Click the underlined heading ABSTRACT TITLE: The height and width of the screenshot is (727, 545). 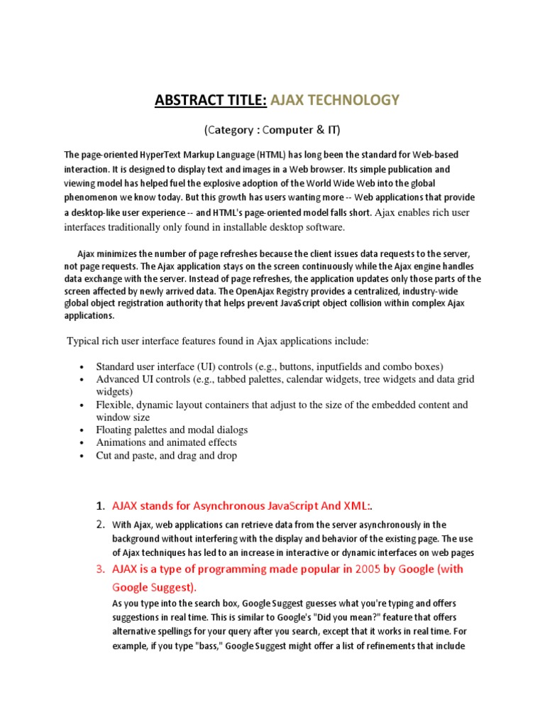pos(210,100)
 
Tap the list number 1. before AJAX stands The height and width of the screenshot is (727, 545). pos(100,506)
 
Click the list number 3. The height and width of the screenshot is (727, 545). pos(100,569)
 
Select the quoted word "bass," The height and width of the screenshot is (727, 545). pos(207,647)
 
